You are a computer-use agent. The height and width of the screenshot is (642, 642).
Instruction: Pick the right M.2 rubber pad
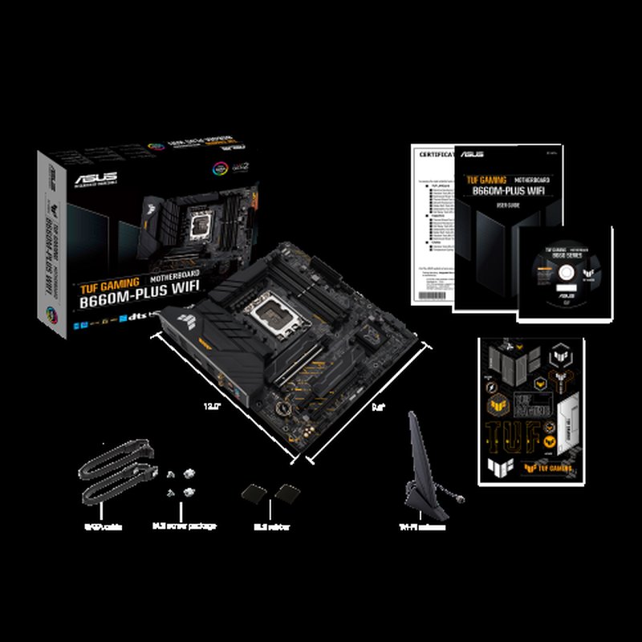286,492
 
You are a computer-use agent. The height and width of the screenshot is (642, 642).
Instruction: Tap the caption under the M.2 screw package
184,527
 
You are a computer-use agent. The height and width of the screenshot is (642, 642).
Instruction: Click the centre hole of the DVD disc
563,270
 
